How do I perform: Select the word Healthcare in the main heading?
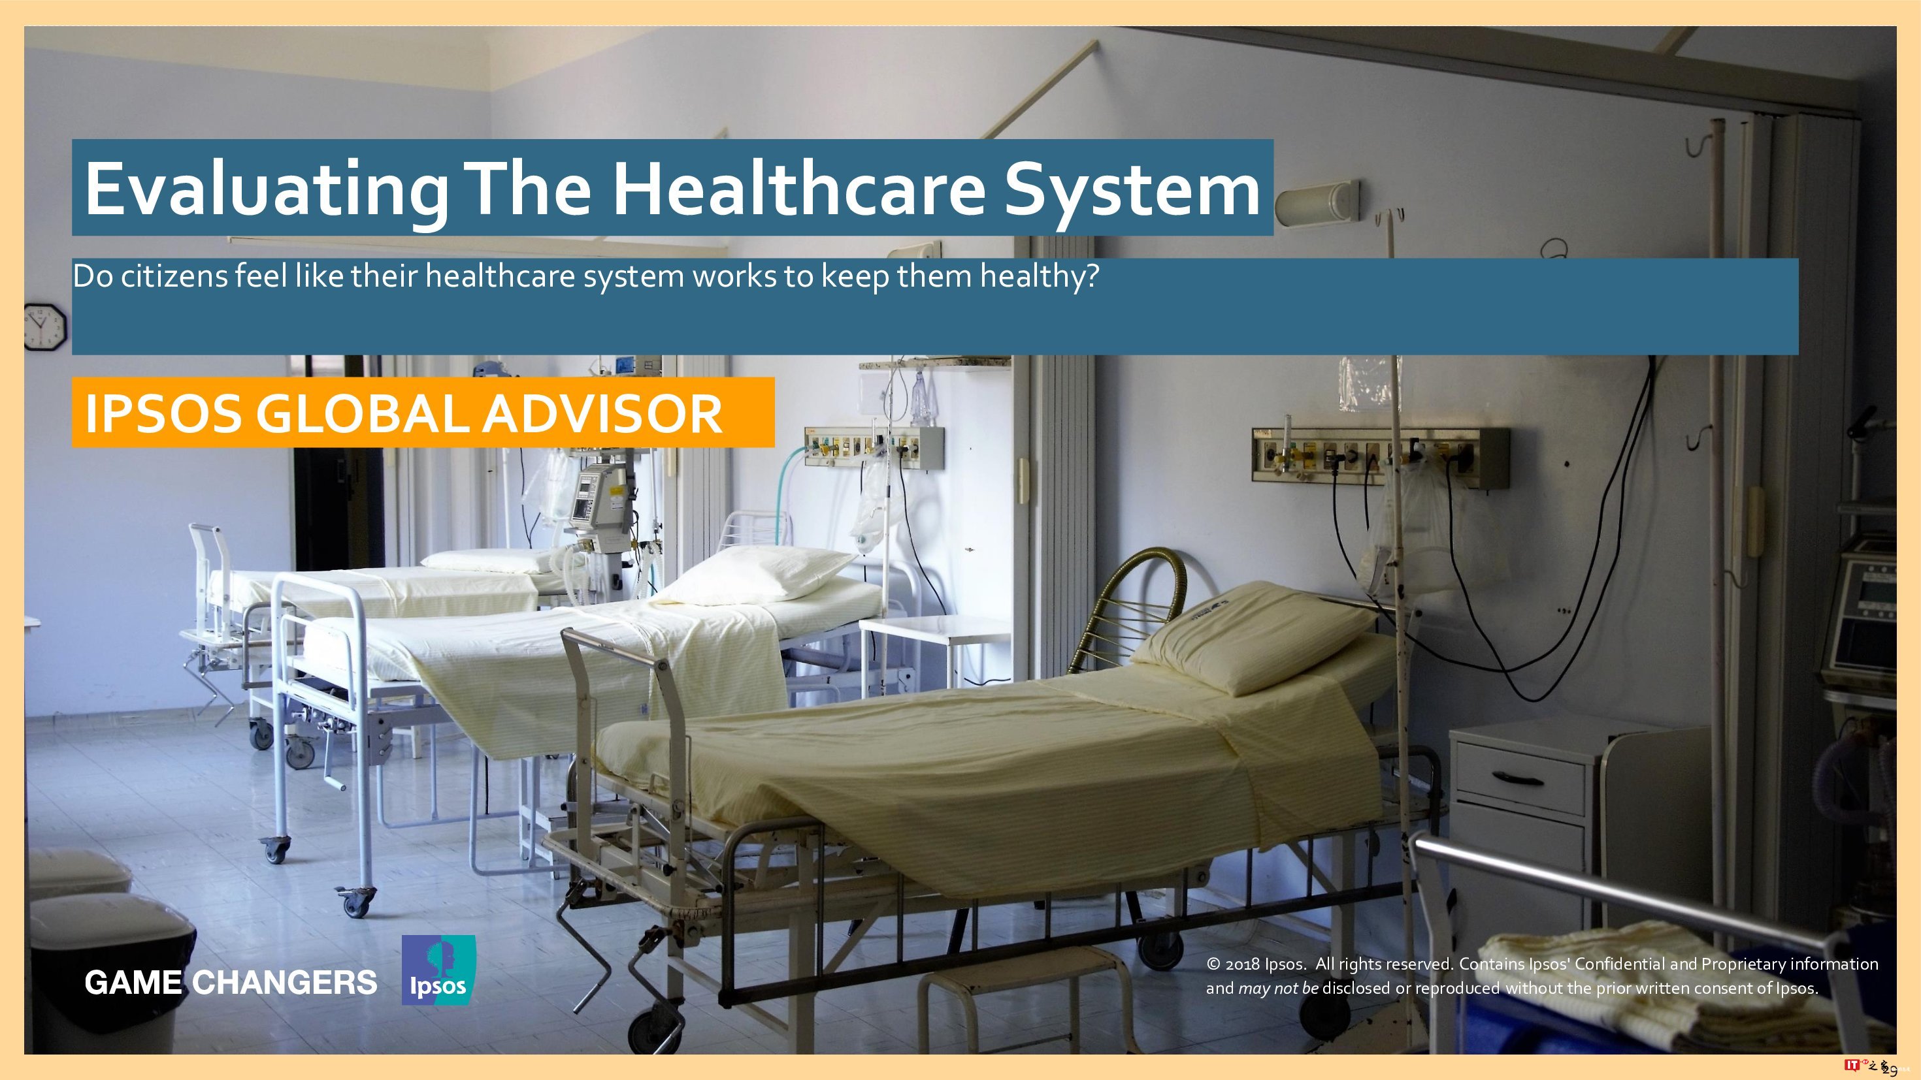[x=798, y=188]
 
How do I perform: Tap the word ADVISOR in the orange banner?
[x=602, y=414]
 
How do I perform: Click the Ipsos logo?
[x=438, y=970]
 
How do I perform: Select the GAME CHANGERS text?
[x=231, y=982]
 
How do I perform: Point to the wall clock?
[x=46, y=326]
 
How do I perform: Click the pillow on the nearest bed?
[x=1253, y=637]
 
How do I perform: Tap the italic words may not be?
[x=1278, y=989]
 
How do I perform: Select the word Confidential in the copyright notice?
[x=1620, y=964]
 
